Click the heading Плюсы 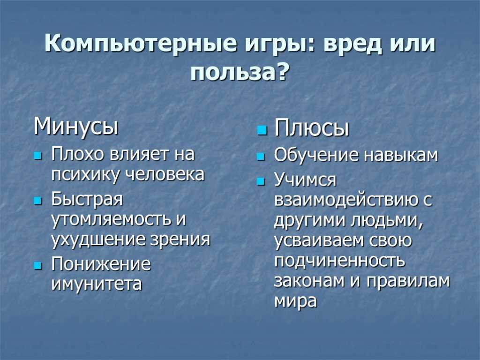pos(312,128)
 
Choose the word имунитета pos(97,284)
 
